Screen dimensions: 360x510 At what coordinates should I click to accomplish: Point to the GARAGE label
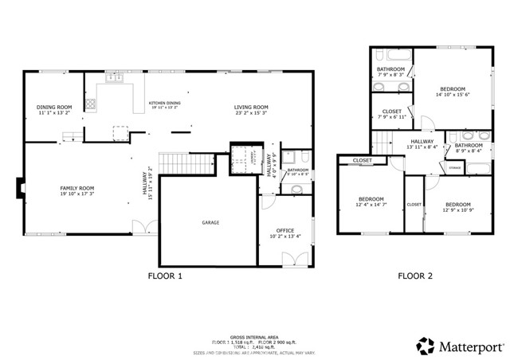tap(210, 222)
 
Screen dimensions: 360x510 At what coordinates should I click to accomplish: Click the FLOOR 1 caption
tap(166, 276)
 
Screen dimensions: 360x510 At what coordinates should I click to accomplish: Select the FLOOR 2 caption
tap(415, 276)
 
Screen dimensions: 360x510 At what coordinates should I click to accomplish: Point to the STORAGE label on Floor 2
tap(455, 168)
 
